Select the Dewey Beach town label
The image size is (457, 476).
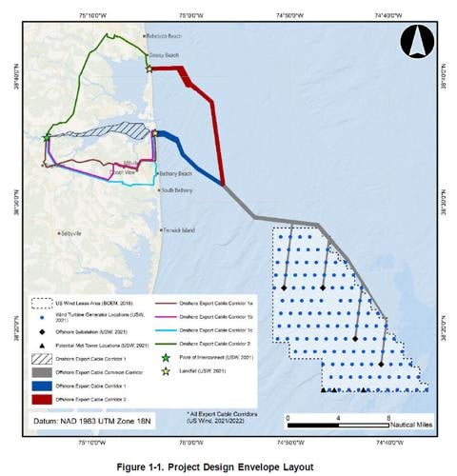pyautogui.click(x=165, y=56)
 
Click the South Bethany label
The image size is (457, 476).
pyautogui.click(x=176, y=191)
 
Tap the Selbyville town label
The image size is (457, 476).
pyautogui.click(x=75, y=233)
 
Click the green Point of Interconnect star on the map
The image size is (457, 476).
pyautogui.click(x=47, y=138)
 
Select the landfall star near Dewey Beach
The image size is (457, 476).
pyautogui.click(x=149, y=69)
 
